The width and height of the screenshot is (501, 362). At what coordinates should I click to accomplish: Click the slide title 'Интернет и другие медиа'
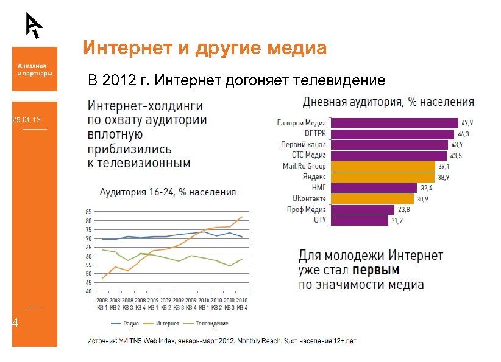[x=205, y=47]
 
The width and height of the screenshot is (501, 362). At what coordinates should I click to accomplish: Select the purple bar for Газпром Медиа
[x=394, y=123]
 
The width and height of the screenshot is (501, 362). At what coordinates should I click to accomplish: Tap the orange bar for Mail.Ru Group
[x=382, y=166]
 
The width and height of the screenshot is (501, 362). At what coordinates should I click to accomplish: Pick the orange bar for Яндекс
[x=382, y=177]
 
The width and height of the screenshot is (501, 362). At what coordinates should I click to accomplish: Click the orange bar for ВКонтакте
[x=371, y=198]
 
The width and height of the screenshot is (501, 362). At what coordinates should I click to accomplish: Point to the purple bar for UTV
[x=359, y=220]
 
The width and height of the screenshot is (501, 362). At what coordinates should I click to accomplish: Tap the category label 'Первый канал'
[x=303, y=145]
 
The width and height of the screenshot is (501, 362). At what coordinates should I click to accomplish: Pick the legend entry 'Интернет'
[x=166, y=324]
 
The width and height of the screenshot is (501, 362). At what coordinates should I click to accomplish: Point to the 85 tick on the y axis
[x=88, y=212]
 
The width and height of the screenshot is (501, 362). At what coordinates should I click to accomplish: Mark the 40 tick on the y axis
[x=88, y=291]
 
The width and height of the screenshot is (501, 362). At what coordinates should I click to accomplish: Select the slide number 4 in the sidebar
[x=16, y=324]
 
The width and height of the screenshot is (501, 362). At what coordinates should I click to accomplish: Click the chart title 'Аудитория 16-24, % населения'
[x=168, y=192]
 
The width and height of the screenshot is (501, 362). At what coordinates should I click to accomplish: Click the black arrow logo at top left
[x=34, y=24]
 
